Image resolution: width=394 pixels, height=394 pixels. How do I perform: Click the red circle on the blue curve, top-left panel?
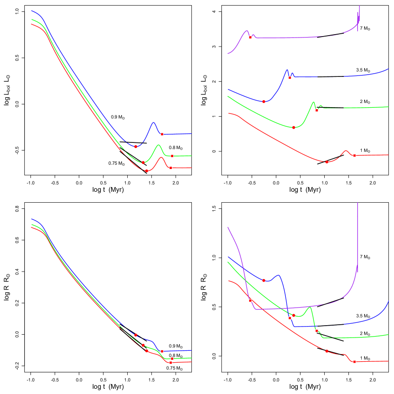[x=136, y=147]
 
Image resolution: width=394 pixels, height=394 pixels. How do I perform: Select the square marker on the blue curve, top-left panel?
[x=162, y=134]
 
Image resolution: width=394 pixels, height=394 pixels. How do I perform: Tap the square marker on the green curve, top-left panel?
[x=172, y=156]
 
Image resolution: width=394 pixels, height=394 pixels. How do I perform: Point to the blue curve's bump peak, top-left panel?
[x=153, y=123]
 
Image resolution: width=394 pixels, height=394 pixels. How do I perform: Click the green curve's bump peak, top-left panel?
[x=159, y=145]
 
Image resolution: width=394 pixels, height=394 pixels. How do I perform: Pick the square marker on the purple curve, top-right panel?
[x=250, y=37]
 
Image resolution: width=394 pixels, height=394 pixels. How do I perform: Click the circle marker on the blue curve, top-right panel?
[x=263, y=102]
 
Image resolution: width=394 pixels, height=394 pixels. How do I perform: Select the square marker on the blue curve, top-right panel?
[x=290, y=77]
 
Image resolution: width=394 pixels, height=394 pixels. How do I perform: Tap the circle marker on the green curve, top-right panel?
[x=293, y=127]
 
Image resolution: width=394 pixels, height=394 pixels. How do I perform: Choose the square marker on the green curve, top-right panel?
[x=317, y=110]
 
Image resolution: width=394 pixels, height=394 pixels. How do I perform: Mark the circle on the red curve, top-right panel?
[x=327, y=162]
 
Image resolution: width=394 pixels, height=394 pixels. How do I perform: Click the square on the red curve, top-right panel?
[x=355, y=155]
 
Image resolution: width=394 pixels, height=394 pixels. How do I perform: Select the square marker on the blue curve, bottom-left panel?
[x=162, y=351]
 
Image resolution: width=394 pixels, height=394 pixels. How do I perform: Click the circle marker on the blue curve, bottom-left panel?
[x=136, y=335]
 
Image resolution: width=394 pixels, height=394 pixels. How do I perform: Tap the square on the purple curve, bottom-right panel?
[x=250, y=300]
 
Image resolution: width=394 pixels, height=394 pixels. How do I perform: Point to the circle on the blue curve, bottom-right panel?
[x=263, y=281]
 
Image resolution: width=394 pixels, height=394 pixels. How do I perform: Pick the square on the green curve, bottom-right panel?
[x=317, y=330]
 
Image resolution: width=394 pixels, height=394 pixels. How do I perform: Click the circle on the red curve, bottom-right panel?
[x=327, y=351]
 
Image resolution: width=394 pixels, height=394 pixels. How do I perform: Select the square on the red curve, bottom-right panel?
[x=355, y=362]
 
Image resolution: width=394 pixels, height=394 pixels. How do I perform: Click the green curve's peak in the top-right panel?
[x=313, y=102]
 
